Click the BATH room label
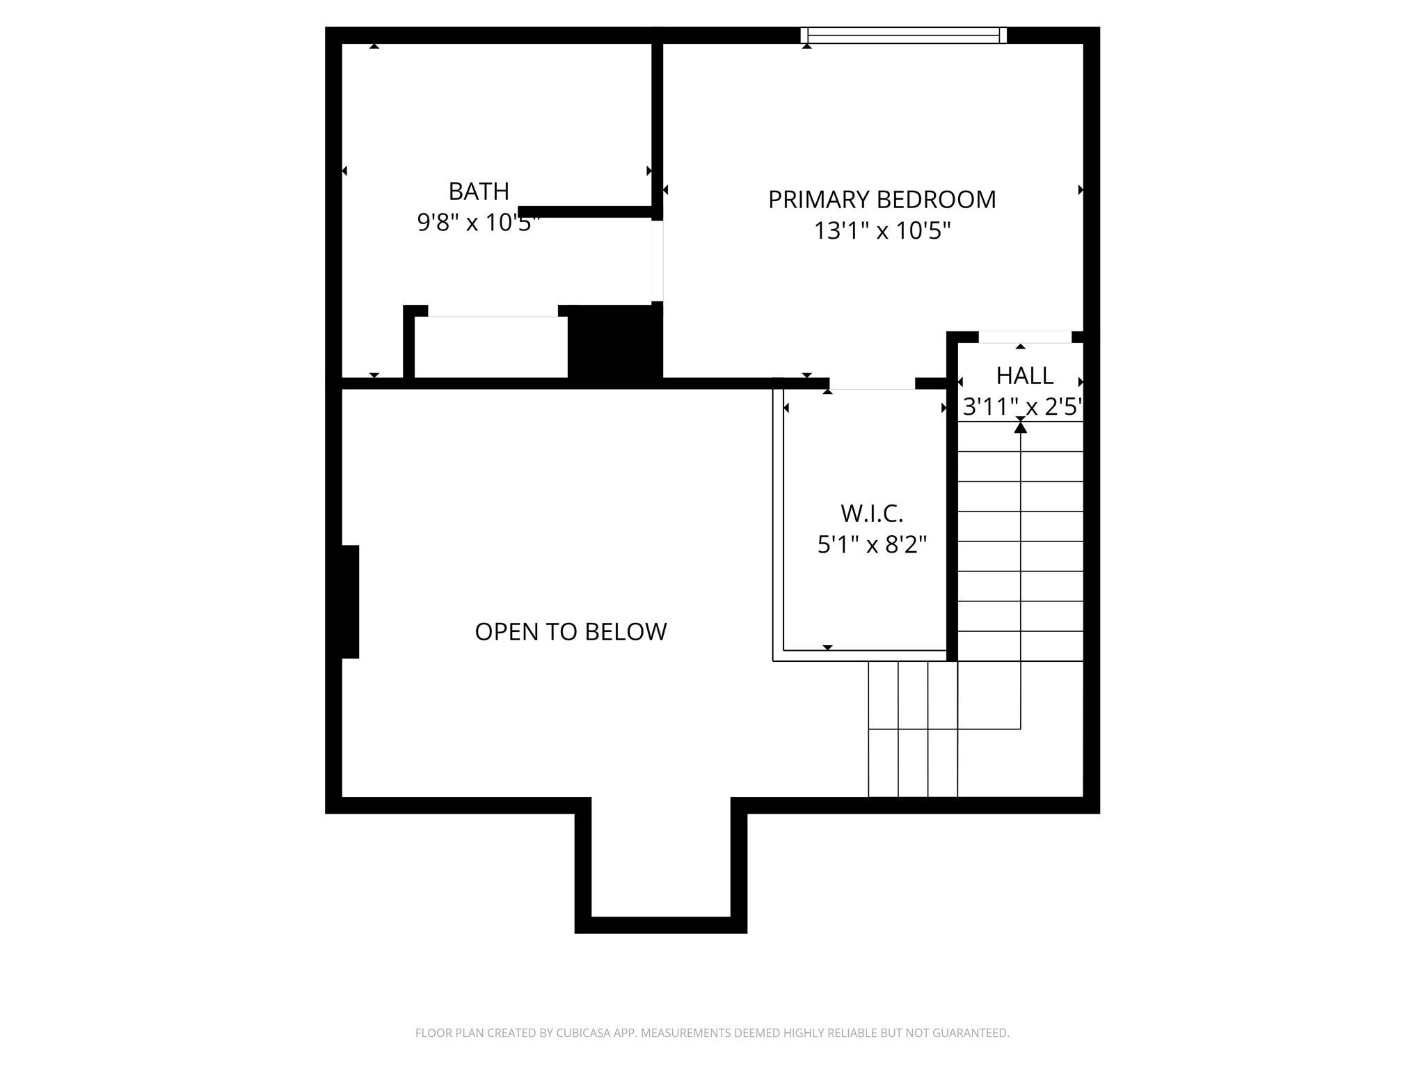479,191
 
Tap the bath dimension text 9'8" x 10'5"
479,223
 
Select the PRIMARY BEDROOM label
882,200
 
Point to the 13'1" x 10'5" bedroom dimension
882,230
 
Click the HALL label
1024,376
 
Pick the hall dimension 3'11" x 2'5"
1022,406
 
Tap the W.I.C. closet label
872,514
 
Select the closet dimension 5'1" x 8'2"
872,544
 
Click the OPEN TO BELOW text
571,632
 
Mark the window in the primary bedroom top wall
903,35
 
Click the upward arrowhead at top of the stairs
1020,427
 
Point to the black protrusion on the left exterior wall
350,601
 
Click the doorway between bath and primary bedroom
657,261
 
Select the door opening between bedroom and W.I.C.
872,383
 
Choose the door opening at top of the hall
1024,338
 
